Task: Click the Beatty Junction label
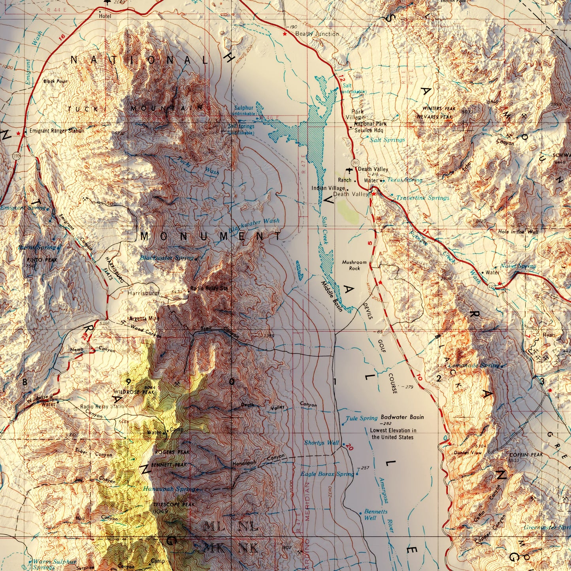tap(317, 34)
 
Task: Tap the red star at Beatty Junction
tap(285, 34)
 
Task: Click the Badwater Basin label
tap(402, 417)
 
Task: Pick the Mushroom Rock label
tap(354, 265)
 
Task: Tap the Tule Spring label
tap(362, 418)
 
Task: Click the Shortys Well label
tap(321, 443)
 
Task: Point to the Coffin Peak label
tap(526, 455)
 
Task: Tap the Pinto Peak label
tap(42, 260)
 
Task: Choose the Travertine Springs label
tap(422, 198)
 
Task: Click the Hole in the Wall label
tap(518, 232)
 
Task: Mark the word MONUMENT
tap(211, 237)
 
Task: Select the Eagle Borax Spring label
tap(327, 474)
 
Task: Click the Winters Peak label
tap(439, 109)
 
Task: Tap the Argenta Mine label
tap(144, 318)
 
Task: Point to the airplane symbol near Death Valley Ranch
tap(349, 170)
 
